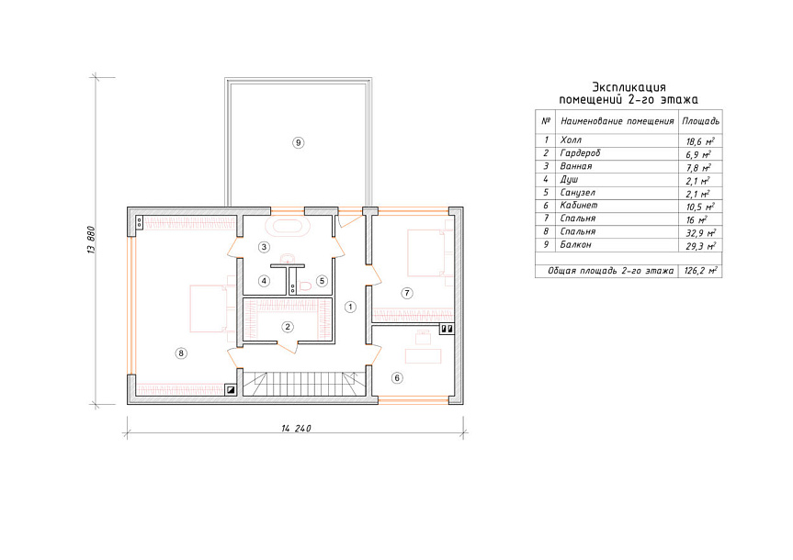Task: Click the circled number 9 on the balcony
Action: [298, 142]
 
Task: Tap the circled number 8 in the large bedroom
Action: [181, 353]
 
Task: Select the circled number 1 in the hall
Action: [349, 307]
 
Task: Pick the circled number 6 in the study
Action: [398, 377]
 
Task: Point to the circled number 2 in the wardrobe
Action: [288, 327]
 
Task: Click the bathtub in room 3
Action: [288, 227]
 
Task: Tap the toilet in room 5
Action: [304, 286]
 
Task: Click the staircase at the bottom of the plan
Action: [303, 383]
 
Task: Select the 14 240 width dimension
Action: [296, 429]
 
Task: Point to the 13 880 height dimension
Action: [92, 239]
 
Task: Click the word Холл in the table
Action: [571, 140]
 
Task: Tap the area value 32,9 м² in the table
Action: [700, 233]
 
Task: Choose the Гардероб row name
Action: [580, 152]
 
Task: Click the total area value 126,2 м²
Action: [700, 271]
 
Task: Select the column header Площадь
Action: [700, 121]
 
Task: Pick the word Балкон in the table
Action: [575, 244]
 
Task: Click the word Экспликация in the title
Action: [629, 87]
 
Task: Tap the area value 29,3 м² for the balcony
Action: [700, 246]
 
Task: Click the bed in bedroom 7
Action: [430, 252]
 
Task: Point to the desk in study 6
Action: [424, 356]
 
